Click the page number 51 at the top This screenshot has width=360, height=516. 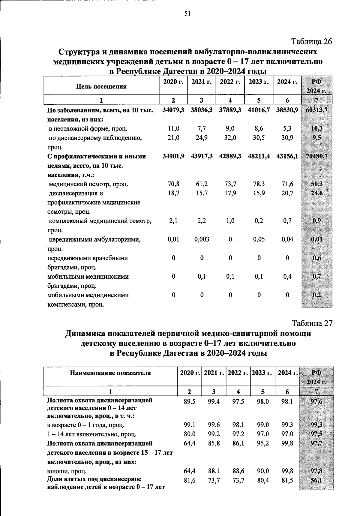click(187, 13)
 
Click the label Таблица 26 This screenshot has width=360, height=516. click(312, 41)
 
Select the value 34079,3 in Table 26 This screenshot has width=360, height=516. click(173, 110)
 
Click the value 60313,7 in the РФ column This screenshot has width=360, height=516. click(316, 110)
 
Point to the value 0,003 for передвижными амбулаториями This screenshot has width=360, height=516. click(202, 239)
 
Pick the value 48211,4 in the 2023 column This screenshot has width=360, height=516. click(259, 156)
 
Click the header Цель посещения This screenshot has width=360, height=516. click(101, 87)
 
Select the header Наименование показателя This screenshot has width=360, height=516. click(110, 373)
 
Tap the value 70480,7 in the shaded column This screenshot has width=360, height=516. click(316, 156)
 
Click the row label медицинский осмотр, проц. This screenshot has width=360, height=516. click(88, 184)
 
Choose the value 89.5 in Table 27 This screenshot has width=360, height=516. click(189, 401)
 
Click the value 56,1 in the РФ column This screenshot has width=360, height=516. click(316, 480)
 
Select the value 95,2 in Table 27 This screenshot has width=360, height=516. click(263, 443)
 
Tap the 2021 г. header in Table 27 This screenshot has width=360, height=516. click(214, 373)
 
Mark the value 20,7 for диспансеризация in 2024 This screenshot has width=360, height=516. click(287, 193)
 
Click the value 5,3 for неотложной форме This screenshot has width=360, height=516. click(287, 129)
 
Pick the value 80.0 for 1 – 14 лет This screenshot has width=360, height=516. click(189, 434)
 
